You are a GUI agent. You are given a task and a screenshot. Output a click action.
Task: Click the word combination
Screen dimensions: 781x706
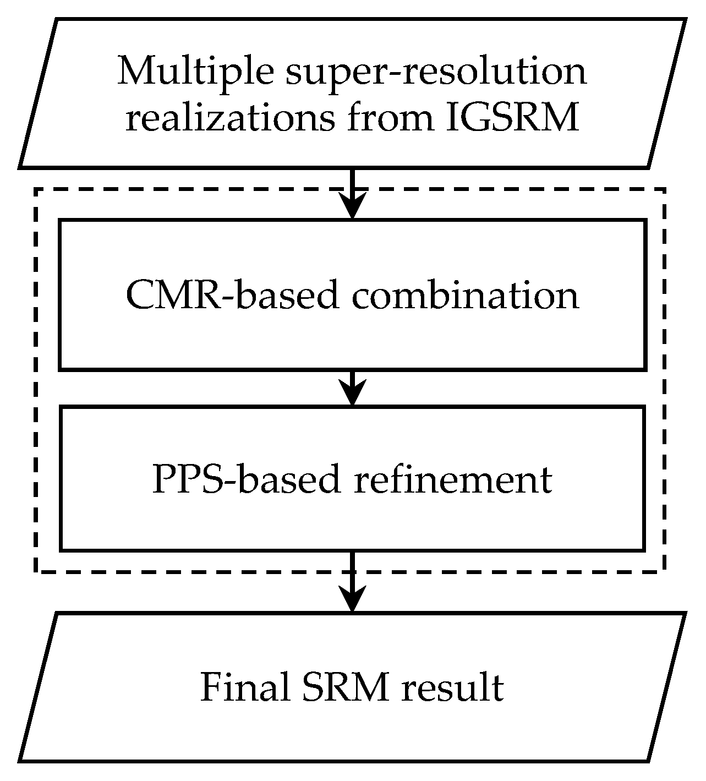click(x=465, y=296)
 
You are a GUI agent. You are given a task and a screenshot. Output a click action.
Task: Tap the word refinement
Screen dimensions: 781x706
click(x=452, y=479)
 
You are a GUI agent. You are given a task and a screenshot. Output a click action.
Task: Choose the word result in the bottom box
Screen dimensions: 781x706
click(x=452, y=687)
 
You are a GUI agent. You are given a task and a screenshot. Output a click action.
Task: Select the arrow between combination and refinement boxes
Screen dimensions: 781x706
click(x=352, y=389)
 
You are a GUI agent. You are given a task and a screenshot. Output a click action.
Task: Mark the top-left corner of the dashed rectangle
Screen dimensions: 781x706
click(x=36, y=190)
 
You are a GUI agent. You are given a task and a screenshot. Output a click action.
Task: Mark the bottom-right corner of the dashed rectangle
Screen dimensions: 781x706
click(x=665, y=571)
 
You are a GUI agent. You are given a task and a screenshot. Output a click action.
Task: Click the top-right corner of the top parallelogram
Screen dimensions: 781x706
click(x=685, y=20)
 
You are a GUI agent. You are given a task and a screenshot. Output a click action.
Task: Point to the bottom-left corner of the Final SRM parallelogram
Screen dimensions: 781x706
click(x=20, y=761)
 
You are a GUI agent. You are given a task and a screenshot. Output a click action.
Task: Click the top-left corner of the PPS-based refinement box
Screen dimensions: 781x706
click(x=61, y=407)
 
